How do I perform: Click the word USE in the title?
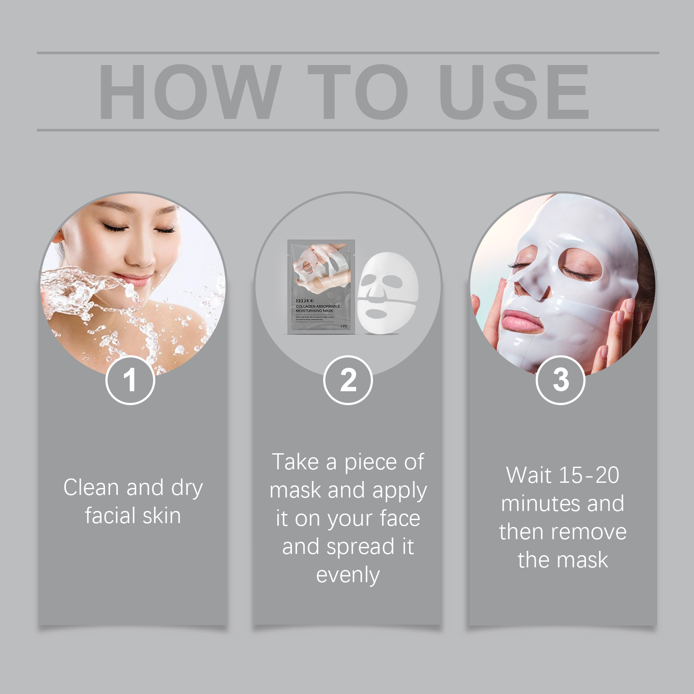tap(514, 92)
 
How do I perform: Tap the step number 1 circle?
tap(130, 380)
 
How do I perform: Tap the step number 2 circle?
tap(348, 380)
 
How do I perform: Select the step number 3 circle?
tap(560, 380)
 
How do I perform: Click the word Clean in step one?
tap(91, 487)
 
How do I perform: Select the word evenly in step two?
tap(348, 575)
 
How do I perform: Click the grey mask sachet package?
tap(321, 286)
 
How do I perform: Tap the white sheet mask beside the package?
tap(387, 293)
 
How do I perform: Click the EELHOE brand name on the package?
tap(305, 301)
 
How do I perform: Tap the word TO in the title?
tap(358, 92)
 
